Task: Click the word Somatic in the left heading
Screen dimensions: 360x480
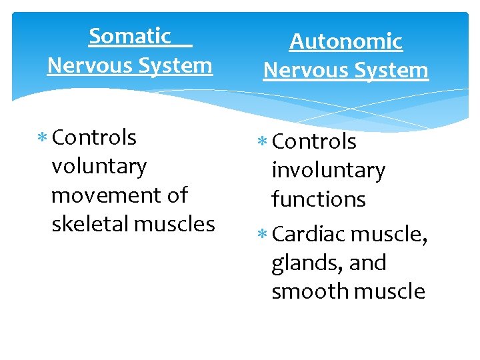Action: tap(130, 36)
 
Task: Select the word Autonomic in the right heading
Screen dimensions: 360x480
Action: tap(345, 41)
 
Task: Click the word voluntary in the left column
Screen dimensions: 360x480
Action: tap(99, 167)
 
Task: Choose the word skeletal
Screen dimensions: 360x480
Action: tap(90, 224)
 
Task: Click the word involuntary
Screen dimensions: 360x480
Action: tap(328, 171)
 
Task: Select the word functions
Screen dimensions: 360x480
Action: tap(319, 199)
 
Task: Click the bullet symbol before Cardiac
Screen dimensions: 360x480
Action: tap(263, 235)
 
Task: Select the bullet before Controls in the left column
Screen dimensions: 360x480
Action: tap(43, 138)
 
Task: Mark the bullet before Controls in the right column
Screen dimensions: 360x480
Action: tap(263, 142)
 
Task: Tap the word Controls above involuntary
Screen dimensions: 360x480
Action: tap(315, 141)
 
